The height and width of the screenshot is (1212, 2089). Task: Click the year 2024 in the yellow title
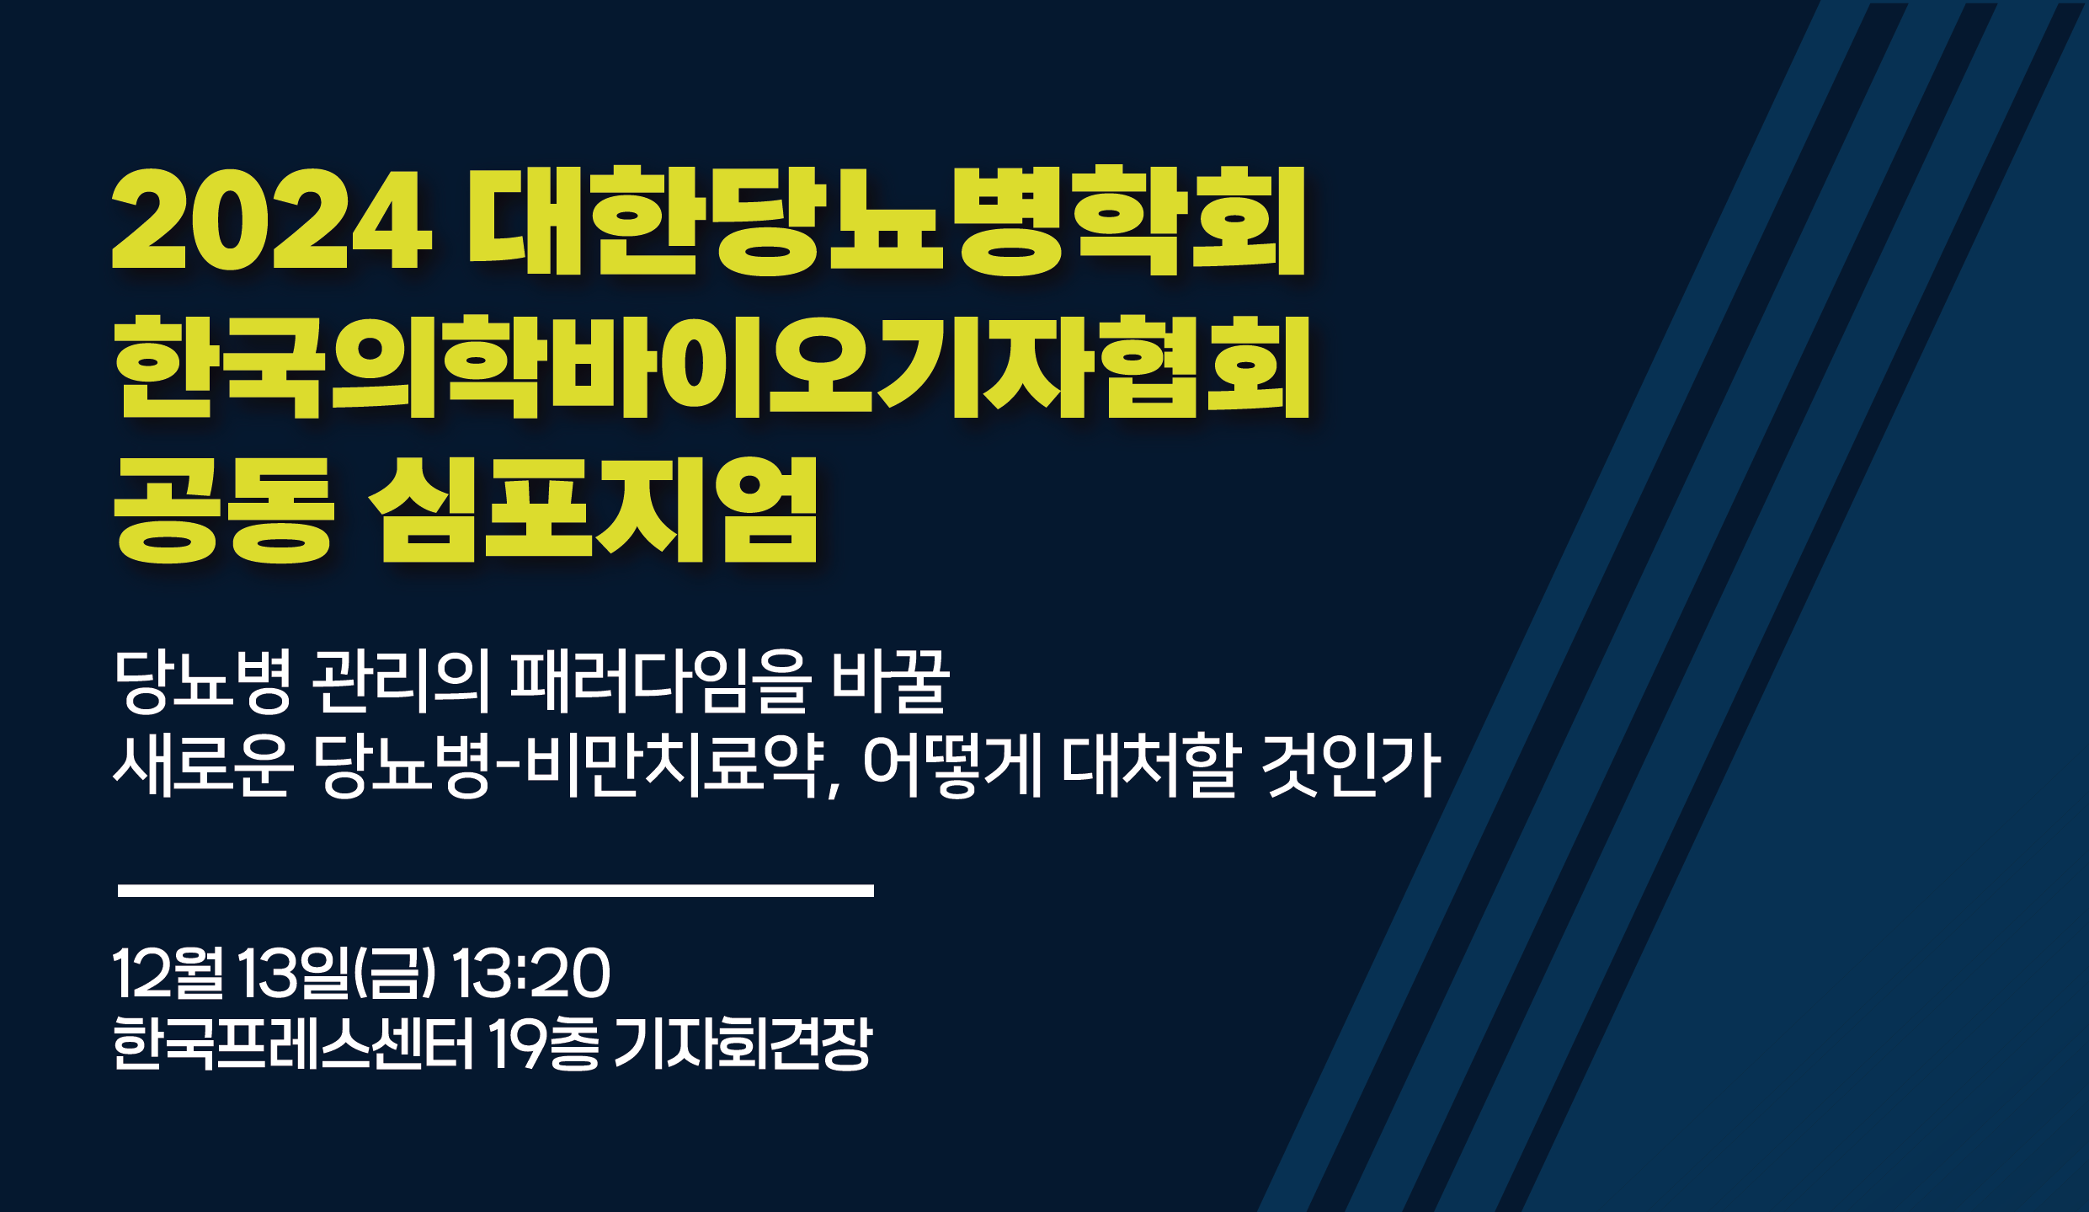click(x=272, y=221)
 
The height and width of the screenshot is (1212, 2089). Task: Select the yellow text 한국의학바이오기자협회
click(x=712, y=366)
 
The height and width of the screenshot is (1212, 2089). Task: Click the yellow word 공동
click(x=223, y=510)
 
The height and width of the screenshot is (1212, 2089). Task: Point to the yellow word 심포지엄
click(x=594, y=510)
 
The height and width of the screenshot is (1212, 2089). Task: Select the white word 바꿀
click(x=891, y=681)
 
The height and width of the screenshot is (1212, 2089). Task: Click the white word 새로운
click(x=203, y=766)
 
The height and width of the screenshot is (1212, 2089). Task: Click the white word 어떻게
click(x=953, y=766)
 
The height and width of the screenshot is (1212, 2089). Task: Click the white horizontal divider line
click(x=496, y=891)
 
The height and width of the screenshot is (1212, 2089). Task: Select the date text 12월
click(x=168, y=973)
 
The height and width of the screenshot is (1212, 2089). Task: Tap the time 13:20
click(x=531, y=973)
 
